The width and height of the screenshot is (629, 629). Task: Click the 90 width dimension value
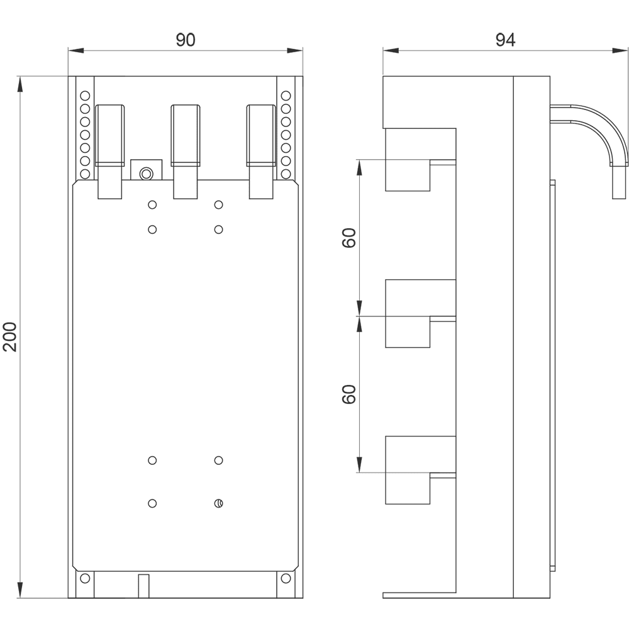click(186, 40)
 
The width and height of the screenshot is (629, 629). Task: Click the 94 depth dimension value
click(505, 40)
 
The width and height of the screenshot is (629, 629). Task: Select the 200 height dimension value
click(10, 337)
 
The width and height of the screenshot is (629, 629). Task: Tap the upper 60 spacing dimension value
click(349, 238)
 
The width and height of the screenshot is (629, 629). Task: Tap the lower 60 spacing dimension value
click(349, 394)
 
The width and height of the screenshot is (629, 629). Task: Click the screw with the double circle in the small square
click(146, 174)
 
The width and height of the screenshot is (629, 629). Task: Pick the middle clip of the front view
click(186, 152)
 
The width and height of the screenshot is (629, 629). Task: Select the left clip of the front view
click(110, 152)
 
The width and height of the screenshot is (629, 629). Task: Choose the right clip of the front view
click(261, 152)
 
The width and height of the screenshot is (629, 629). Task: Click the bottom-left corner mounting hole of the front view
click(85, 579)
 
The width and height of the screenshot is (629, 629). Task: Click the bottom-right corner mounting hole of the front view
click(286, 579)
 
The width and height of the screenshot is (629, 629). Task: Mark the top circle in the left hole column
click(85, 96)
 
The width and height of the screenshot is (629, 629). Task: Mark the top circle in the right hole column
click(286, 96)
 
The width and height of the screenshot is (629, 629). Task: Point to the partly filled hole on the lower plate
click(219, 503)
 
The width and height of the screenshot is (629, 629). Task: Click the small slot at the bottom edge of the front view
click(143, 586)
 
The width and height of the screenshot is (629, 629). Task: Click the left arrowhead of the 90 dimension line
click(76, 50)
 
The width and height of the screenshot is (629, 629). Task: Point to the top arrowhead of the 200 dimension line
click(20, 84)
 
